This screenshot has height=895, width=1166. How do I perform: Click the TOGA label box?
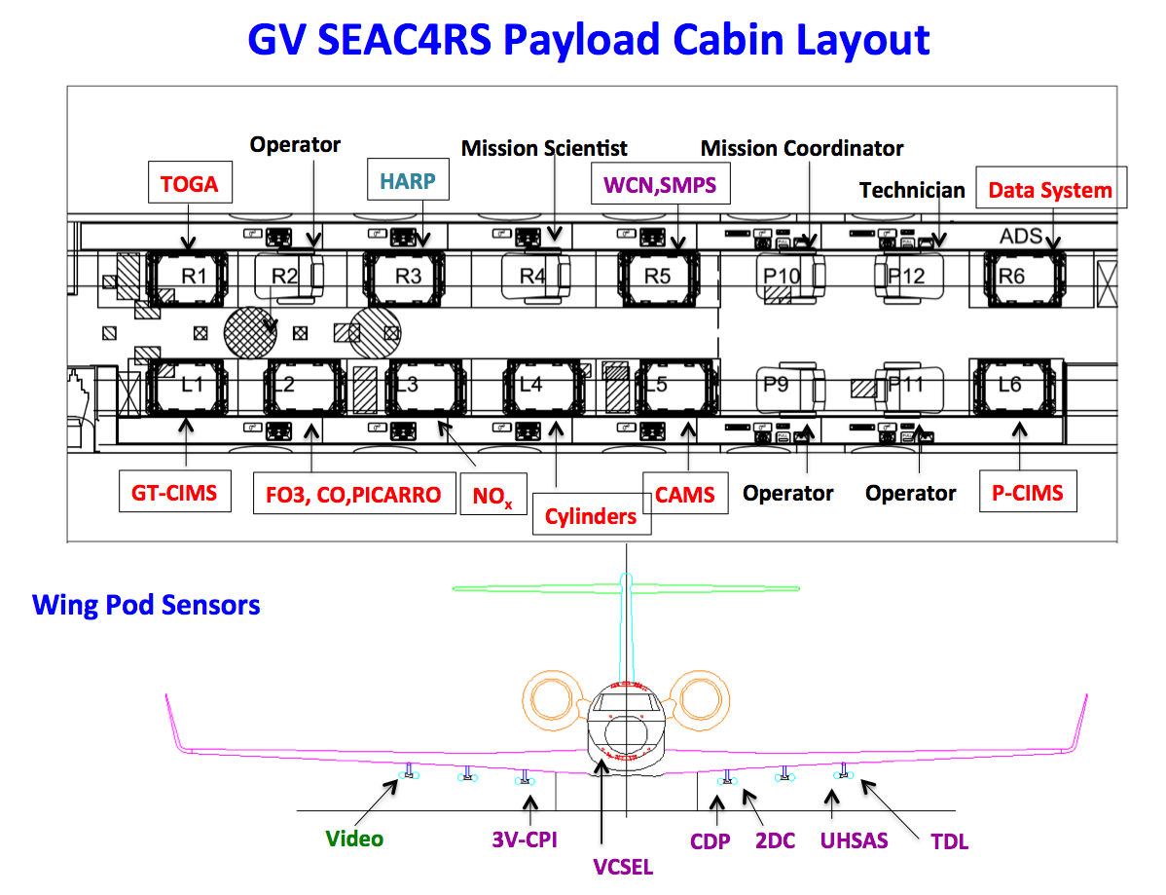pyautogui.click(x=190, y=182)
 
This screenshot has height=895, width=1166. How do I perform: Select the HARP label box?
pyautogui.click(x=408, y=181)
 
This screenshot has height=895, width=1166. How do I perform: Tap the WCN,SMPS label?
pyautogui.click(x=661, y=183)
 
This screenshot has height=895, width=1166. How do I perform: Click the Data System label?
pyautogui.click(x=1050, y=190)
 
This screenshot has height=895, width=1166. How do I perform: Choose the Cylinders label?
pyautogui.click(x=591, y=515)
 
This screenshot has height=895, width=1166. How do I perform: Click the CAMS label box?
pyautogui.click(x=684, y=495)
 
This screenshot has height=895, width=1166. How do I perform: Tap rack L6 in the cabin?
pyautogui.click(x=1010, y=385)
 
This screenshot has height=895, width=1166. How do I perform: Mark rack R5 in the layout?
pyautogui.click(x=658, y=277)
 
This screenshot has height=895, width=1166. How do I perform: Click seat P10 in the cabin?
pyautogui.click(x=783, y=277)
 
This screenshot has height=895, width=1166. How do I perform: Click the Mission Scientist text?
pyautogui.click(x=544, y=148)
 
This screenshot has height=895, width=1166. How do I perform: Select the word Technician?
pyautogui.click(x=912, y=191)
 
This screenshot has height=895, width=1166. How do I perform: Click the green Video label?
pyautogui.click(x=354, y=839)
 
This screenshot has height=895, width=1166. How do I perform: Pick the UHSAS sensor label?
pyautogui.click(x=854, y=839)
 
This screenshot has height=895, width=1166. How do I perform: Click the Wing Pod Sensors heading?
pyautogui.click(x=146, y=605)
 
